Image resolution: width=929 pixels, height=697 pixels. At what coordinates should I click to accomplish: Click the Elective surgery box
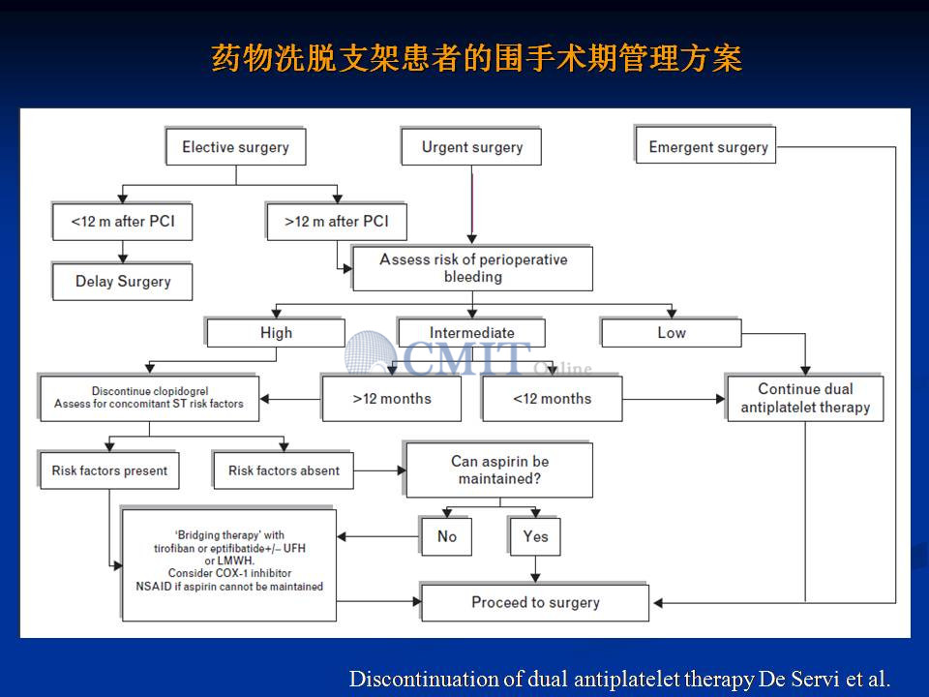click(x=236, y=146)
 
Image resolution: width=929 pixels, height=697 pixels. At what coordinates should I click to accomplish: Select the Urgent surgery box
click(x=471, y=146)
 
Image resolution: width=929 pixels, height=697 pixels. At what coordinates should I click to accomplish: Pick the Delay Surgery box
click(x=123, y=282)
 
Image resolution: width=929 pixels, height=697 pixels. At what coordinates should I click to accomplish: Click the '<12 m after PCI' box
click(x=123, y=222)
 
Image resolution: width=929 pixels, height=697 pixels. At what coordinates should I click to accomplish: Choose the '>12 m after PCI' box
click(x=337, y=222)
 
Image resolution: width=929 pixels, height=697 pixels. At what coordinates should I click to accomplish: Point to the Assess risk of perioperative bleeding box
click(x=473, y=268)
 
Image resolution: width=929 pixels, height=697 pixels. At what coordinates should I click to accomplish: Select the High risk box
click(x=276, y=332)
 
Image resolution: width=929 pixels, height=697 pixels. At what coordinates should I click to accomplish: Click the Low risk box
click(x=672, y=332)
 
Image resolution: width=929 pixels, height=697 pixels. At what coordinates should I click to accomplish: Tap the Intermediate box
click(x=472, y=332)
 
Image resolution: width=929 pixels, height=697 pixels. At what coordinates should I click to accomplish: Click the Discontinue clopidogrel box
click(x=149, y=398)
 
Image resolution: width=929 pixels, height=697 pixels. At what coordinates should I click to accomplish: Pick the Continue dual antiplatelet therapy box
click(x=805, y=398)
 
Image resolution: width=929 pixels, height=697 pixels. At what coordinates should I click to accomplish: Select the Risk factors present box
click(x=109, y=470)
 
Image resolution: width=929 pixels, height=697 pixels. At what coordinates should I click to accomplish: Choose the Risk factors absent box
click(x=284, y=470)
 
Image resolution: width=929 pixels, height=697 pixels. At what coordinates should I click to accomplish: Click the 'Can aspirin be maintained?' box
click(x=499, y=470)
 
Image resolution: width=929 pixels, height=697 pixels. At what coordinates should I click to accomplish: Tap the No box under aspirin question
click(x=447, y=536)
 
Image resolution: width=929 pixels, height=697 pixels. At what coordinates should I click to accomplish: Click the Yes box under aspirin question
click(x=535, y=536)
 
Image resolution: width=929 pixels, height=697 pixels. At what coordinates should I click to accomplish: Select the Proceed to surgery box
click(x=535, y=603)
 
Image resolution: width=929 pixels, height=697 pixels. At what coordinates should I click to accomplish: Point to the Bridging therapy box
click(x=228, y=564)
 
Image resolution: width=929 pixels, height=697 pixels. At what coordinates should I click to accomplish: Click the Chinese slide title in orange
click(x=477, y=58)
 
